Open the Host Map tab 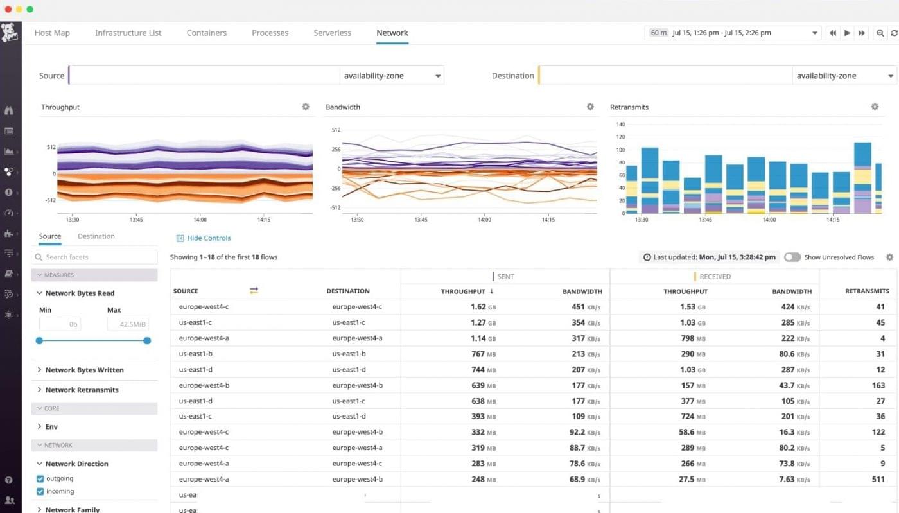[52, 33]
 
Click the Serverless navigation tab [332, 33]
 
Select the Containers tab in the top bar [206, 33]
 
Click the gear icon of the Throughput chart [306, 107]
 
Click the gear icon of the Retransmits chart [875, 107]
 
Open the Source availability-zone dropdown [392, 76]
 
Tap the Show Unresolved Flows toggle [792, 257]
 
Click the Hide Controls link [208, 238]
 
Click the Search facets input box [94, 257]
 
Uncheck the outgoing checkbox [40, 479]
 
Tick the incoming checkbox [40, 492]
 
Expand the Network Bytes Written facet [83, 370]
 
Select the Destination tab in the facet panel [96, 236]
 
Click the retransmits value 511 [878, 479]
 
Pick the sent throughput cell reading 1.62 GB [478, 307]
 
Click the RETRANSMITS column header [867, 291]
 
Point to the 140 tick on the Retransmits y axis [620, 124]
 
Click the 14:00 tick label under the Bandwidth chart [484, 220]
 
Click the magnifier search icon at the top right [880, 33]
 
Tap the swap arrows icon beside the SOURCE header [254, 291]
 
